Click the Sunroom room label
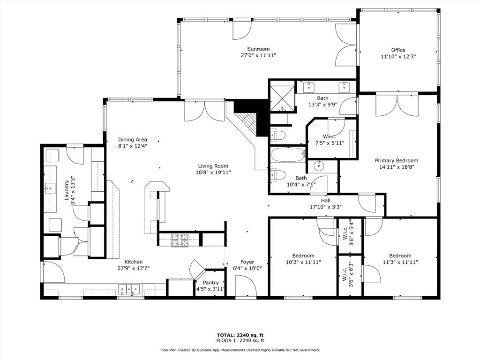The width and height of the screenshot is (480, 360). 258,49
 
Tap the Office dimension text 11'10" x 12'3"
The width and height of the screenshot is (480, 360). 398,56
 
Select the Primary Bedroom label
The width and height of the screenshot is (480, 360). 397,160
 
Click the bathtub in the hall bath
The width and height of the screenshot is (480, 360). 288,154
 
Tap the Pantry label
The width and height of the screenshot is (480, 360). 210,283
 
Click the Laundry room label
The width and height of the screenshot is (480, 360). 67,190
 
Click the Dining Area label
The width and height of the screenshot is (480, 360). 133,140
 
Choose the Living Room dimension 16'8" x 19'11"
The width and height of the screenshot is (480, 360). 213,172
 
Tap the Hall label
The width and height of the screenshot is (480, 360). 326,201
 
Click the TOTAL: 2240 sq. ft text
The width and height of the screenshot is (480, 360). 240,335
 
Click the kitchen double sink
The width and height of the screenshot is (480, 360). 129,289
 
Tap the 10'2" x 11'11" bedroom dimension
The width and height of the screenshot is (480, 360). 303,262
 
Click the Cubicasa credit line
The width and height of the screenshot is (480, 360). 240,350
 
